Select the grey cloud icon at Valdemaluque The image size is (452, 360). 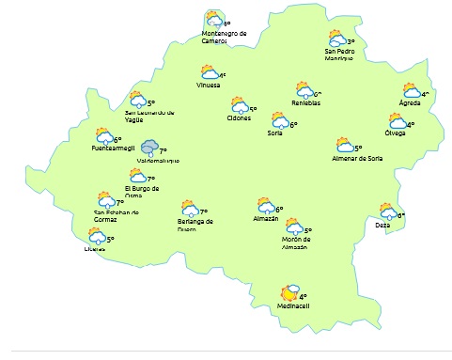(x=148, y=148)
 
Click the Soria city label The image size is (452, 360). (x=274, y=133)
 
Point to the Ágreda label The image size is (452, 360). (x=409, y=102)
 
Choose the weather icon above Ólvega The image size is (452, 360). (x=397, y=121)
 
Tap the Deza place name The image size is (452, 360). (x=382, y=226)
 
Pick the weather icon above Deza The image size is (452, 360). (x=387, y=211)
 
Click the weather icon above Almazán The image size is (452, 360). (x=266, y=205)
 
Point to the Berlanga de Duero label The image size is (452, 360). (x=195, y=225)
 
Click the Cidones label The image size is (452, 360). (x=239, y=118)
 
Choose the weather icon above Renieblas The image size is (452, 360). (x=304, y=91)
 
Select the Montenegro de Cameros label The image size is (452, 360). (x=224, y=37)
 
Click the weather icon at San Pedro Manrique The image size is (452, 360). (x=336, y=39)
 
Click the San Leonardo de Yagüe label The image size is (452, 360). (x=149, y=116)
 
